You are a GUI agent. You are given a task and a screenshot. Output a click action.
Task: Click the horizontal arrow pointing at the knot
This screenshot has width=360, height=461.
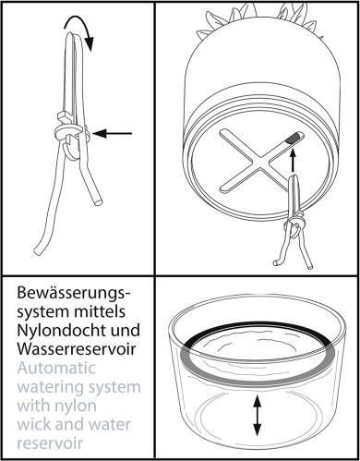(112, 133)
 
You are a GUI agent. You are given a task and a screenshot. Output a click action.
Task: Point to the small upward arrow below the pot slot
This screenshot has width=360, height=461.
(293, 160)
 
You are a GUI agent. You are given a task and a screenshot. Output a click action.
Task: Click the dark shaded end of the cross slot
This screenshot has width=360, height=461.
(294, 138)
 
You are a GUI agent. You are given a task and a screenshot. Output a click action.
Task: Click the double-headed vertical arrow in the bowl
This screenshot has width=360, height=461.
(257, 416)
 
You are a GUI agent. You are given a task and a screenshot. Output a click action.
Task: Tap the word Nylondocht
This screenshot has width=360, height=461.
(58, 330)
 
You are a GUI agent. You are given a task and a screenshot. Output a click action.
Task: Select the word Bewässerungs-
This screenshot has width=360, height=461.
(74, 293)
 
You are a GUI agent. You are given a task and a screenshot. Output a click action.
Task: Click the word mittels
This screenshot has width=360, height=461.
(100, 311)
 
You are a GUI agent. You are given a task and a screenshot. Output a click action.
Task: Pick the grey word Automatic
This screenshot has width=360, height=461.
(56, 368)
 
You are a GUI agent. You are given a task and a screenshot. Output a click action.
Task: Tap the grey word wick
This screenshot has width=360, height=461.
(33, 424)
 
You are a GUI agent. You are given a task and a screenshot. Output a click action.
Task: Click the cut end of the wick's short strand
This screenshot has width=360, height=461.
(98, 203)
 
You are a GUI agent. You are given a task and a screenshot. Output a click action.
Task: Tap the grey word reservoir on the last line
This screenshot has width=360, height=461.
(50, 443)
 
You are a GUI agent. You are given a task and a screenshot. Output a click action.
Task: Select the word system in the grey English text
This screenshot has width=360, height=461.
(114, 387)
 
